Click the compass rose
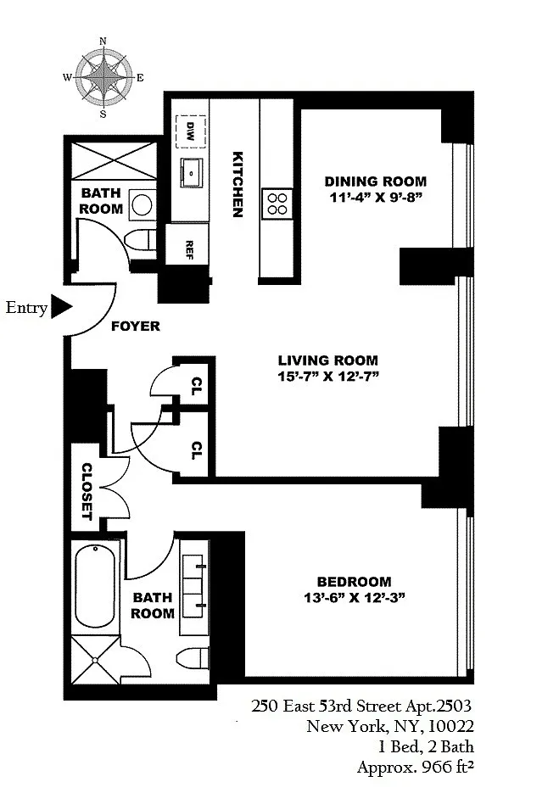pyautogui.click(x=103, y=77)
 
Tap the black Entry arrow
pyautogui.click(x=62, y=307)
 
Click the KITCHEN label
pyautogui.click(x=238, y=184)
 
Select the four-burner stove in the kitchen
pyautogui.click(x=277, y=204)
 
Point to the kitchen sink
pyautogui.click(x=191, y=172)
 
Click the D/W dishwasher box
pyautogui.click(x=191, y=131)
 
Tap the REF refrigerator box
pyautogui.click(x=187, y=244)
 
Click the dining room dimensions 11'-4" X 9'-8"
pyautogui.click(x=376, y=197)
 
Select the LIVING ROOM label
pyautogui.click(x=327, y=360)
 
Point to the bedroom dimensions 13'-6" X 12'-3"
pyautogui.click(x=354, y=598)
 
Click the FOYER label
pyautogui.click(x=136, y=327)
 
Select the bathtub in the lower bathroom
pyautogui.click(x=95, y=586)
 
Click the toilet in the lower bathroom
pyautogui.click(x=193, y=658)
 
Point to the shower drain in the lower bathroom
pyautogui.click(x=95, y=660)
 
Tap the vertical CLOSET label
pyautogui.click(x=87, y=492)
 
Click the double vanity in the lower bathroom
pyautogui.click(x=194, y=588)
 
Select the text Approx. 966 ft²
pyautogui.click(x=416, y=767)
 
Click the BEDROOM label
pyautogui.click(x=354, y=582)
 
